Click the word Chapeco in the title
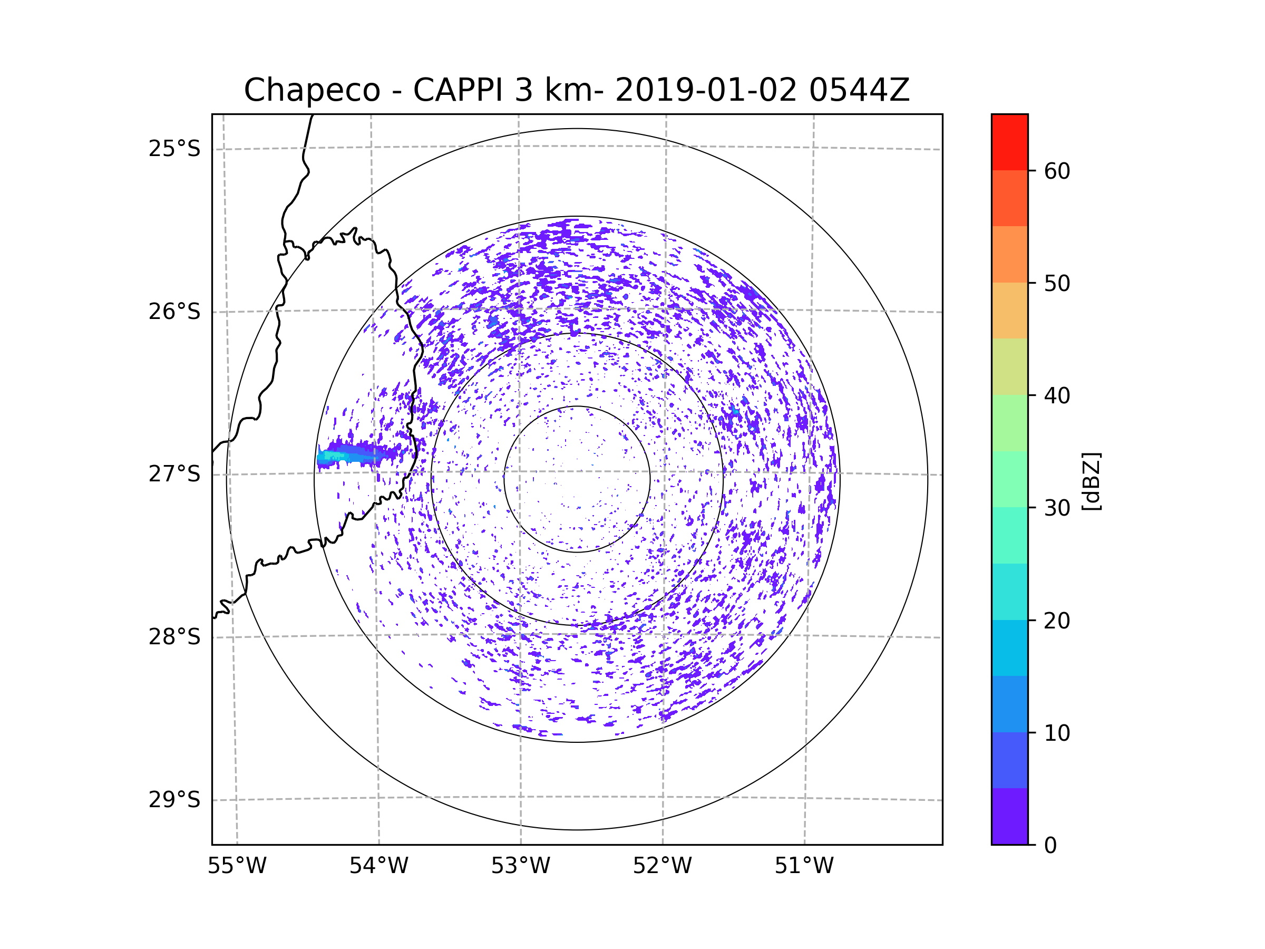[x=312, y=90]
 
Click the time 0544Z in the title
[x=859, y=90]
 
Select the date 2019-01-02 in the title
[x=705, y=90]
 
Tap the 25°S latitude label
[x=174, y=149]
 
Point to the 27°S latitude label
[x=174, y=474]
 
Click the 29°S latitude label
[x=174, y=800]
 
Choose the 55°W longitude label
[x=237, y=866]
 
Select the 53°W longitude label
[x=520, y=866]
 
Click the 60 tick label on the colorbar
[x=1057, y=171]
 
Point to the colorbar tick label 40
[x=1057, y=395]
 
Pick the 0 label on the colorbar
[x=1050, y=846]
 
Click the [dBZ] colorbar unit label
[x=1091, y=481]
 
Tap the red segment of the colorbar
[x=1009, y=142]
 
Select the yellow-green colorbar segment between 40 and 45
[x=1009, y=366]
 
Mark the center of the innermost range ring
[x=577, y=479]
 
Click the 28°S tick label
[x=174, y=637]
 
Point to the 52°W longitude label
[x=662, y=866]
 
